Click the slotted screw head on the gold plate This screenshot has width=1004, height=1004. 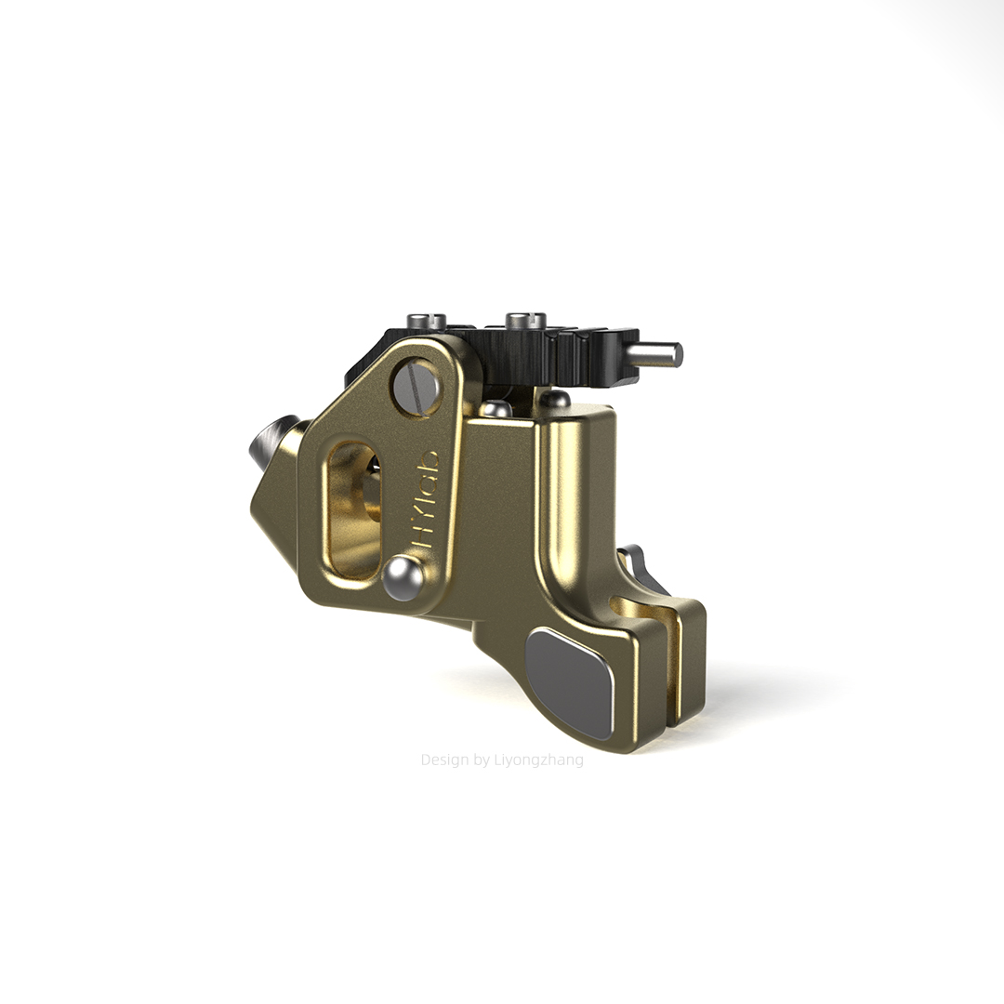point(416,388)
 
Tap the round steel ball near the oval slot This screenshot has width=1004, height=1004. point(403,576)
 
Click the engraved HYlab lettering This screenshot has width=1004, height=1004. point(427,494)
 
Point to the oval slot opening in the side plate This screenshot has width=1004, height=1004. point(353,510)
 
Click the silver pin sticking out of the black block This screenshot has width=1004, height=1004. point(656,354)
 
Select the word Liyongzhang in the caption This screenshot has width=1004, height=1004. point(538,760)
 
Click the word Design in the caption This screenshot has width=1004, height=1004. point(444,760)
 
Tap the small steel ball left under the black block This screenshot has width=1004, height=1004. point(495,408)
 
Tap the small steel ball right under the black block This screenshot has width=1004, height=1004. point(555,399)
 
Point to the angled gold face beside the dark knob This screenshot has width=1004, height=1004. point(274,510)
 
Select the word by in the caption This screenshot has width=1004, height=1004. point(482,760)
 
